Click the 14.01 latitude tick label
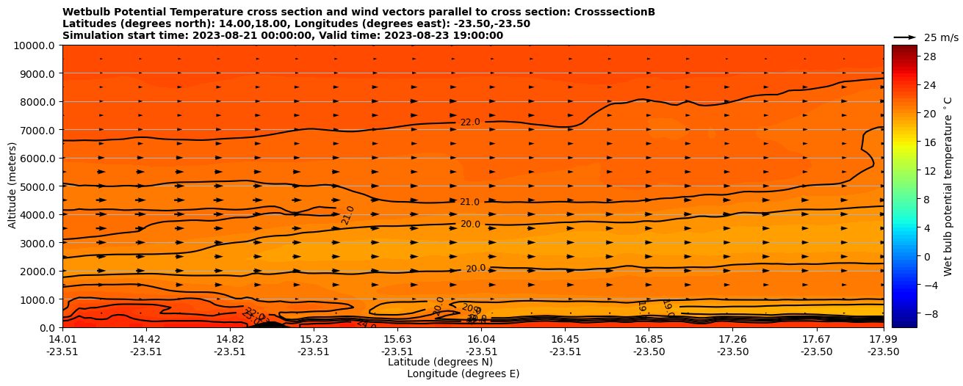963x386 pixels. (x=62, y=339)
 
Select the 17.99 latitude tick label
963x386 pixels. (x=883, y=339)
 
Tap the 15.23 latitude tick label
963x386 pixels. (x=314, y=339)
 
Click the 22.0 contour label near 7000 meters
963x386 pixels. (x=470, y=123)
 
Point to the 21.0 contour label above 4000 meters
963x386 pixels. (x=470, y=203)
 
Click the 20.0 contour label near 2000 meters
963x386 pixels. (x=476, y=269)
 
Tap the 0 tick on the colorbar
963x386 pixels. (x=928, y=256)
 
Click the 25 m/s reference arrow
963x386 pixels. (x=905, y=37)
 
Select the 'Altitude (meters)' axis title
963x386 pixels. (x=12, y=186)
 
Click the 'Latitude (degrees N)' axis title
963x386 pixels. (x=440, y=362)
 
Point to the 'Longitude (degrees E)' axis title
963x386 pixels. (x=463, y=374)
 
